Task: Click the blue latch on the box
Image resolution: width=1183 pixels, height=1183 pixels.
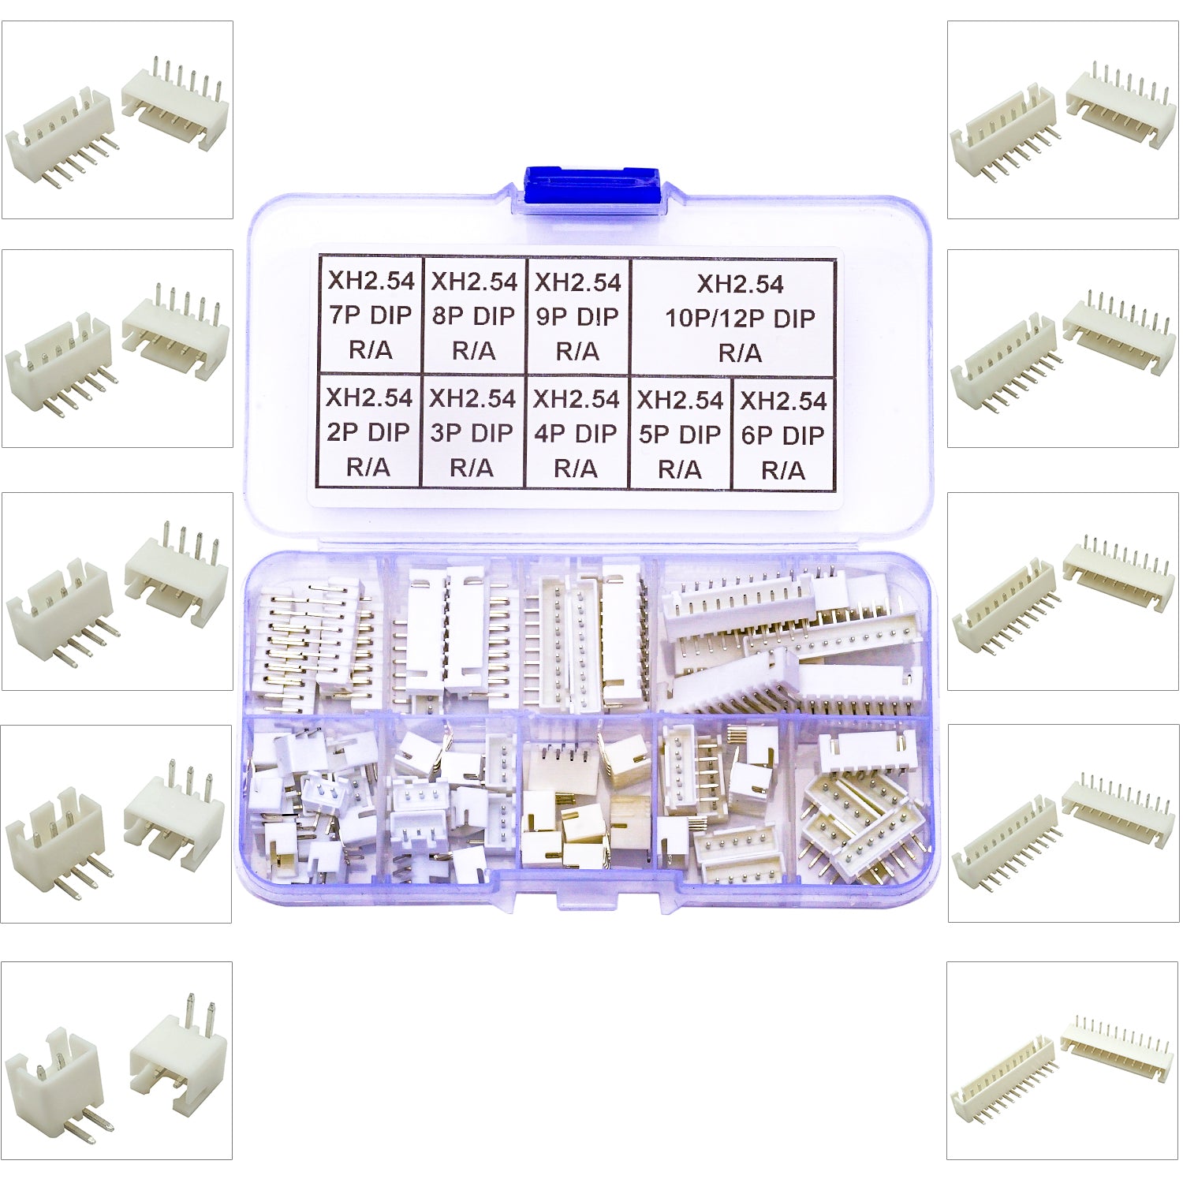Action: pos(591,187)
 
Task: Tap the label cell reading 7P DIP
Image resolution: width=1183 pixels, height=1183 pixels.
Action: pos(371,315)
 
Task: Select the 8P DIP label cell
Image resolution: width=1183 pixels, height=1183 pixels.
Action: pos(474,315)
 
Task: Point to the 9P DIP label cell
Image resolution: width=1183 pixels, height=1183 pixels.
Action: pos(578,316)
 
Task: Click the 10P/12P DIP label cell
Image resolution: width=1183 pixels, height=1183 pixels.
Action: pos(733,317)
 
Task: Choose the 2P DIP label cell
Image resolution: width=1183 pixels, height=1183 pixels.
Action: pos(369,431)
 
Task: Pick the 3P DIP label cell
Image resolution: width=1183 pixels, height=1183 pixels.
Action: pos(472,432)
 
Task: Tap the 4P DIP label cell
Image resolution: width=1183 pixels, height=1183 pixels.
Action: pos(577,433)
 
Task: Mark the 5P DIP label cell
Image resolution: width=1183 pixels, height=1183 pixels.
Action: pos(680,434)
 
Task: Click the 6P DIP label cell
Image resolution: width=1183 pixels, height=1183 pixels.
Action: pos(783,435)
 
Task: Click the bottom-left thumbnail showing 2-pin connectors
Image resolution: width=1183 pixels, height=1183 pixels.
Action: pos(117,1061)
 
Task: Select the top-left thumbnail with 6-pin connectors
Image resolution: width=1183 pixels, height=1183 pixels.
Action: pos(118,120)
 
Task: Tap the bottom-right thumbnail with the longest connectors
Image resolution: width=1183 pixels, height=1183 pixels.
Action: pos(1062,1061)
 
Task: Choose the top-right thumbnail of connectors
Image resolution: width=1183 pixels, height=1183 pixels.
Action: pos(1063,120)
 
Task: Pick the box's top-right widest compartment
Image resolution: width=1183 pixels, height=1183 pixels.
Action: pos(793,635)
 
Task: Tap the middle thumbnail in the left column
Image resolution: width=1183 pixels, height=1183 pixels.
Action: pos(118,591)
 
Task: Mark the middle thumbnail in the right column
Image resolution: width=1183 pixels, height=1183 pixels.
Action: pos(1063,591)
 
